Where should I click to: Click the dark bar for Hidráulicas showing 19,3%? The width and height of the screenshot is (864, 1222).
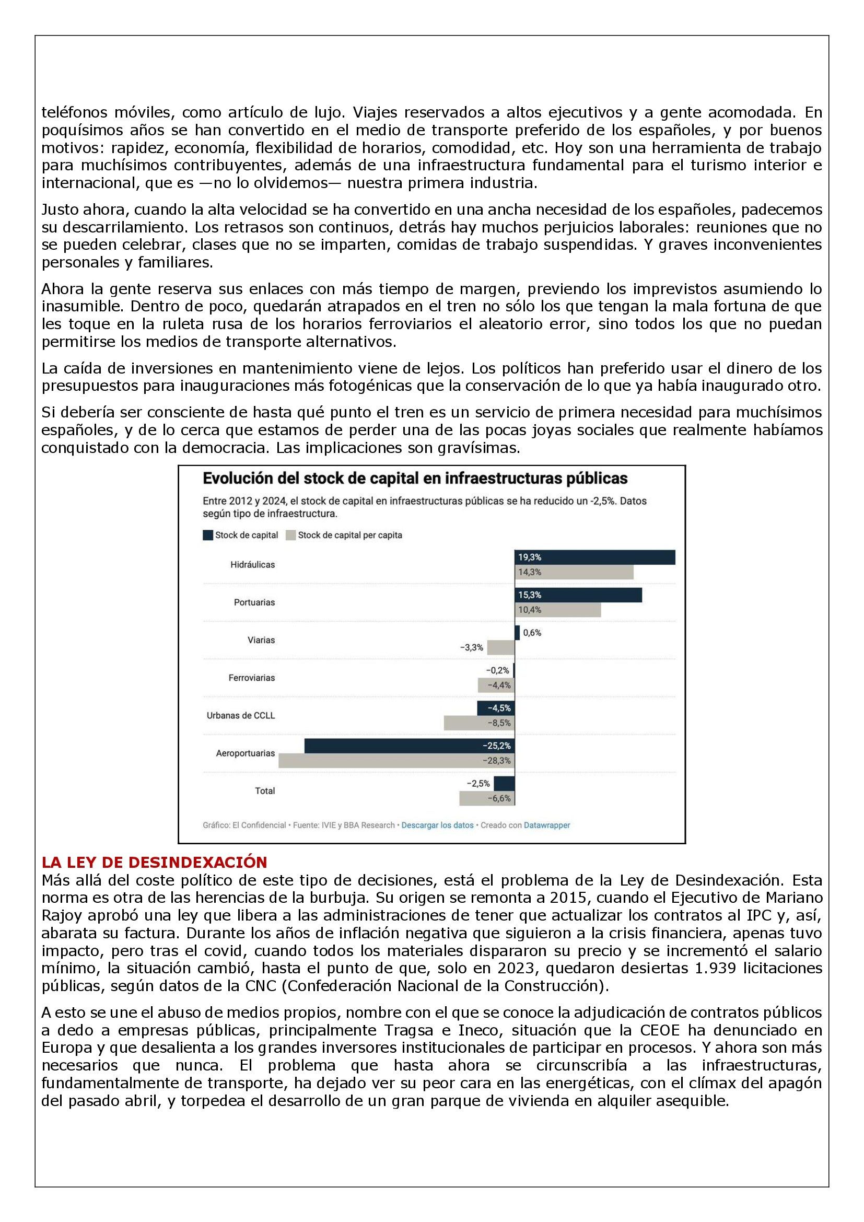[595, 557]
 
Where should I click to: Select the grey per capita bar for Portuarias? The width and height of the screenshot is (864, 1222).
[557, 610]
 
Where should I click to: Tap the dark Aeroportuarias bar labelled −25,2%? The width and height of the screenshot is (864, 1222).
[409, 746]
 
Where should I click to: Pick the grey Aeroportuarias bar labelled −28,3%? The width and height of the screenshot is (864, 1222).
[396, 761]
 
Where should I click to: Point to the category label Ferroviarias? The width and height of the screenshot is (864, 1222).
[252, 678]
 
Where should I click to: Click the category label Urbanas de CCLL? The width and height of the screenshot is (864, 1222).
[240, 715]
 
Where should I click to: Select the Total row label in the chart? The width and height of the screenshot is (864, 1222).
[265, 791]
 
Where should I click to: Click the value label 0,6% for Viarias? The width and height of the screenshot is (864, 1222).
[532, 633]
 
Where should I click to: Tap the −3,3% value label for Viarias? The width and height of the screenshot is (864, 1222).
[471, 648]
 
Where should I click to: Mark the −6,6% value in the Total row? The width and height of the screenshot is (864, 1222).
[499, 798]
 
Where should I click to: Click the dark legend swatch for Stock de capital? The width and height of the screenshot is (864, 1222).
[208, 535]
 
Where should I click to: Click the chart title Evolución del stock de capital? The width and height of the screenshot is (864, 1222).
[415, 479]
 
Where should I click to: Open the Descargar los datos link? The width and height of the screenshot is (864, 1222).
[437, 825]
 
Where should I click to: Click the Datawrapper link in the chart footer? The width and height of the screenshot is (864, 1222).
[547, 825]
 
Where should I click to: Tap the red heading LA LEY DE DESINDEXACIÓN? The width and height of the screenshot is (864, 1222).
[154, 862]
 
